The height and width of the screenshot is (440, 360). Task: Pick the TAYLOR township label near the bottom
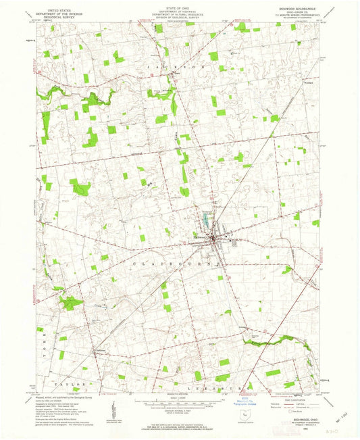coord(75,384)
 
